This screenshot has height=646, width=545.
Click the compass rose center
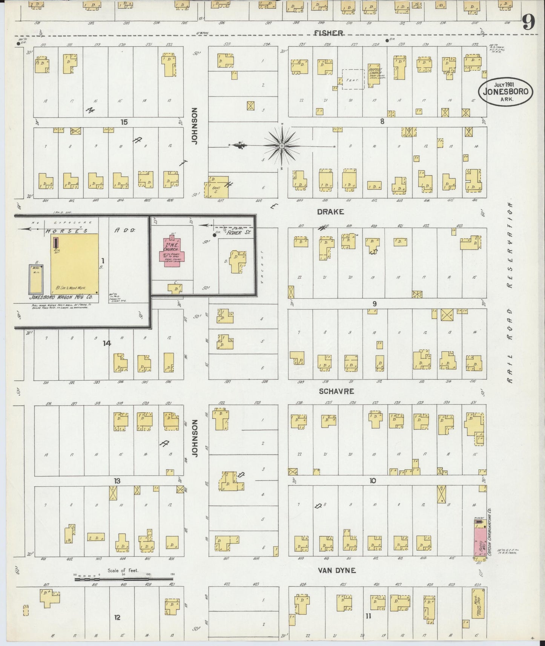tap(282, 146)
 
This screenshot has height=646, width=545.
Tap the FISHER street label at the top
tap(329, 33)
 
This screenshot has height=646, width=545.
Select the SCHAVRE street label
tap(336, 391)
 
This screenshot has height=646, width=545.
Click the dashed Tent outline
tap(353, 80)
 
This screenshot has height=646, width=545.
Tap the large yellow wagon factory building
tap(75, 263)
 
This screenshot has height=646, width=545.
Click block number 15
tap(124, 122)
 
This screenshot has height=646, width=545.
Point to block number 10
tap(373, 481)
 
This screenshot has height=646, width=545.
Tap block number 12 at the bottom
tap(117, 617)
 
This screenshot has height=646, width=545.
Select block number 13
tap(118, 481)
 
